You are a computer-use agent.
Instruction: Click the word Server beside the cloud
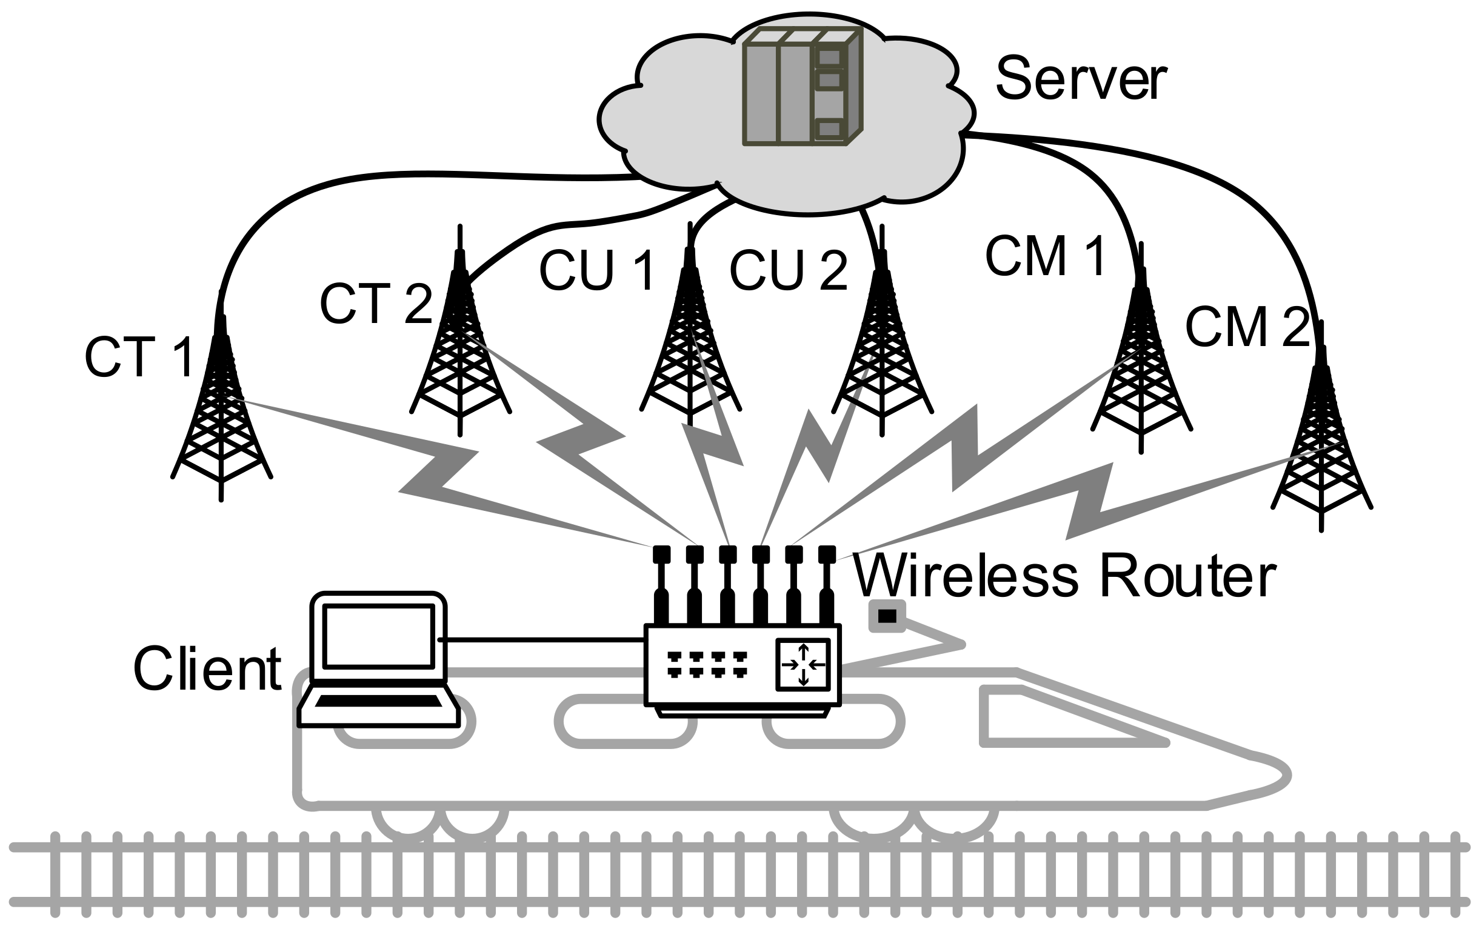(x=1081, y=79)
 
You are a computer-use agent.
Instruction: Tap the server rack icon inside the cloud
(x=803, y=87)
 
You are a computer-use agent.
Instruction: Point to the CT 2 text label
(x=376, y=304)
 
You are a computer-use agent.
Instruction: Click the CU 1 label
(x=597, y=270)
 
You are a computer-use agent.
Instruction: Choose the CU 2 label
(x=789, y=270)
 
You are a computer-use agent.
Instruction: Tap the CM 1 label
(x=1045, y=256)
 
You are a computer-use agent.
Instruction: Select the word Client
(x=208, y=669)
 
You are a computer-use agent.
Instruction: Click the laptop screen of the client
(x=378, y=637)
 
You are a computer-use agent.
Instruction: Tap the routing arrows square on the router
(x=803, y=664)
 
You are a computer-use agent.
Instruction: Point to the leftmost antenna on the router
(x=661, y=585)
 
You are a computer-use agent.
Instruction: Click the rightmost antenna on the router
(x=827, y=585)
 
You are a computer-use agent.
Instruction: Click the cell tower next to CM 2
(x=1321, y=430)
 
